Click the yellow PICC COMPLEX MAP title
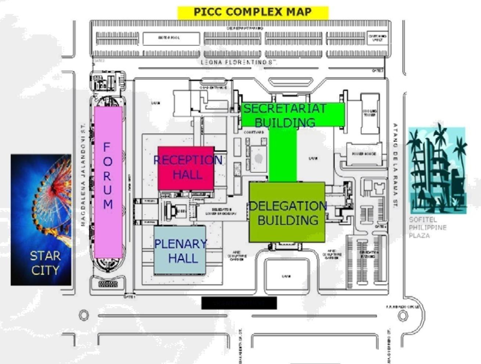click(253, 12)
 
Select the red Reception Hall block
click(186, 168)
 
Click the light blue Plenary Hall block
click(180, 250)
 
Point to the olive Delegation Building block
click(287, 212)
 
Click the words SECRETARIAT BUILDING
click(285, 115)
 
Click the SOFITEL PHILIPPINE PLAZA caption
click(427, 228)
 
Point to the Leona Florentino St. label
click(239, 62)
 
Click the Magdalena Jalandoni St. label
click(83, 174)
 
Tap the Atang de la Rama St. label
click(395, 165)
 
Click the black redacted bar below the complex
click(239, 303)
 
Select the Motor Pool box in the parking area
click(171, 38)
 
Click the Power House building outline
click(364, 153)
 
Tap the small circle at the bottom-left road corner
click(84, 315)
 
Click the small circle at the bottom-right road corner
click(403, 315)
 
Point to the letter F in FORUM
click(107, 147)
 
